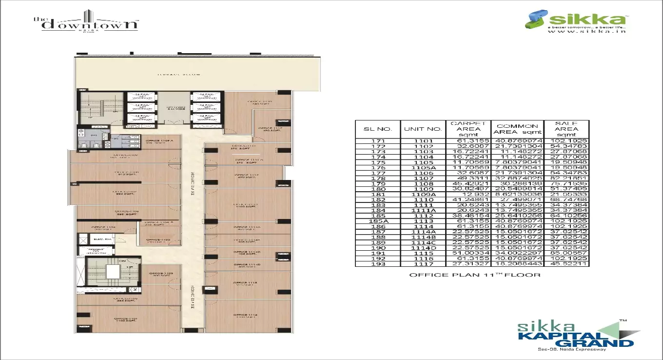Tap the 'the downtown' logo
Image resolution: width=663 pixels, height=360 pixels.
coord(86,22)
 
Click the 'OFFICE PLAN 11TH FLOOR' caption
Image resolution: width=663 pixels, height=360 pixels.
coord(474,275)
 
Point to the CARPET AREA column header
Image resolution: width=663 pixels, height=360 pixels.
coord(468,129)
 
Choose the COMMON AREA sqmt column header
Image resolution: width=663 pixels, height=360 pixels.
coord(517,129)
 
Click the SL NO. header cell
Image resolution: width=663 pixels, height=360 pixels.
coord(377,129)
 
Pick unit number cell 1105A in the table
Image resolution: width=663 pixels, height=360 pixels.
coord(423,168)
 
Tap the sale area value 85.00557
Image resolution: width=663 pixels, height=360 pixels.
coord(566,253)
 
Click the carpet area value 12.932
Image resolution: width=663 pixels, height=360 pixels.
coord(468,194)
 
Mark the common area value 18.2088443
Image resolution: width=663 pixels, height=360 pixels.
coord(517,264)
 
